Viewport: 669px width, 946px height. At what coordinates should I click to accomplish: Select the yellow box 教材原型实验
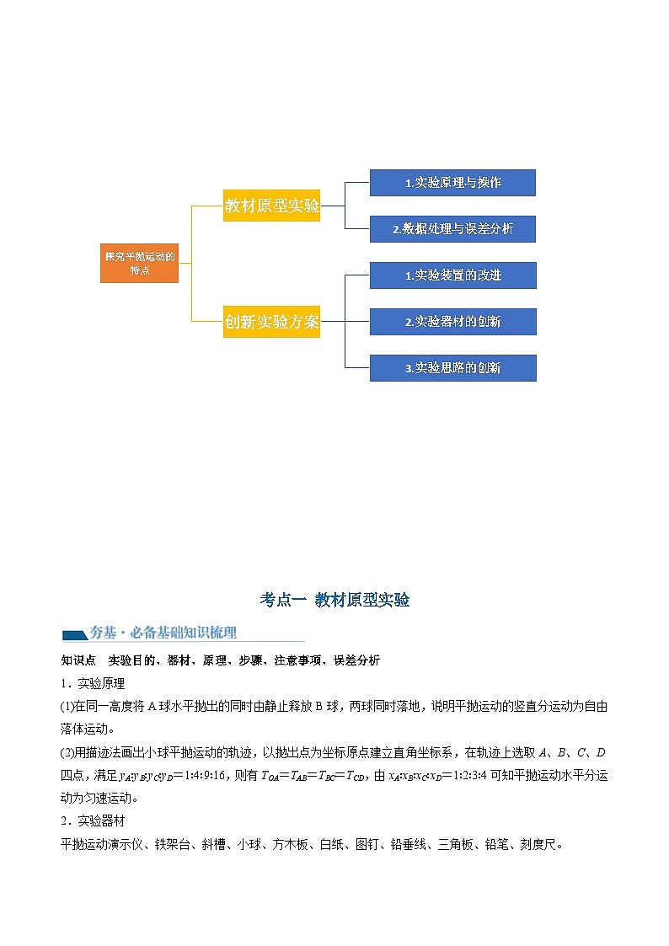(271, 206)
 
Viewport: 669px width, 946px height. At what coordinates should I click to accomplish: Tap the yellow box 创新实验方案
(271, 321)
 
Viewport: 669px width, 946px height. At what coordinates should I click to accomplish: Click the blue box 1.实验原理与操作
(452, 183)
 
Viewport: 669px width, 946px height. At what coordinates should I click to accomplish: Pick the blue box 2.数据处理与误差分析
(452, 228)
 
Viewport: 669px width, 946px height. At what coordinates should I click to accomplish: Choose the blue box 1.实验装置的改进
(452, 275)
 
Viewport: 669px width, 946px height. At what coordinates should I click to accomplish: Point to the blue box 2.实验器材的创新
(452, 321)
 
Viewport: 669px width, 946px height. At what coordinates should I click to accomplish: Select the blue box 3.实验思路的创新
(452, 367)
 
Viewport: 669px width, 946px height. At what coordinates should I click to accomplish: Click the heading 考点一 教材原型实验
(334, 600)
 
